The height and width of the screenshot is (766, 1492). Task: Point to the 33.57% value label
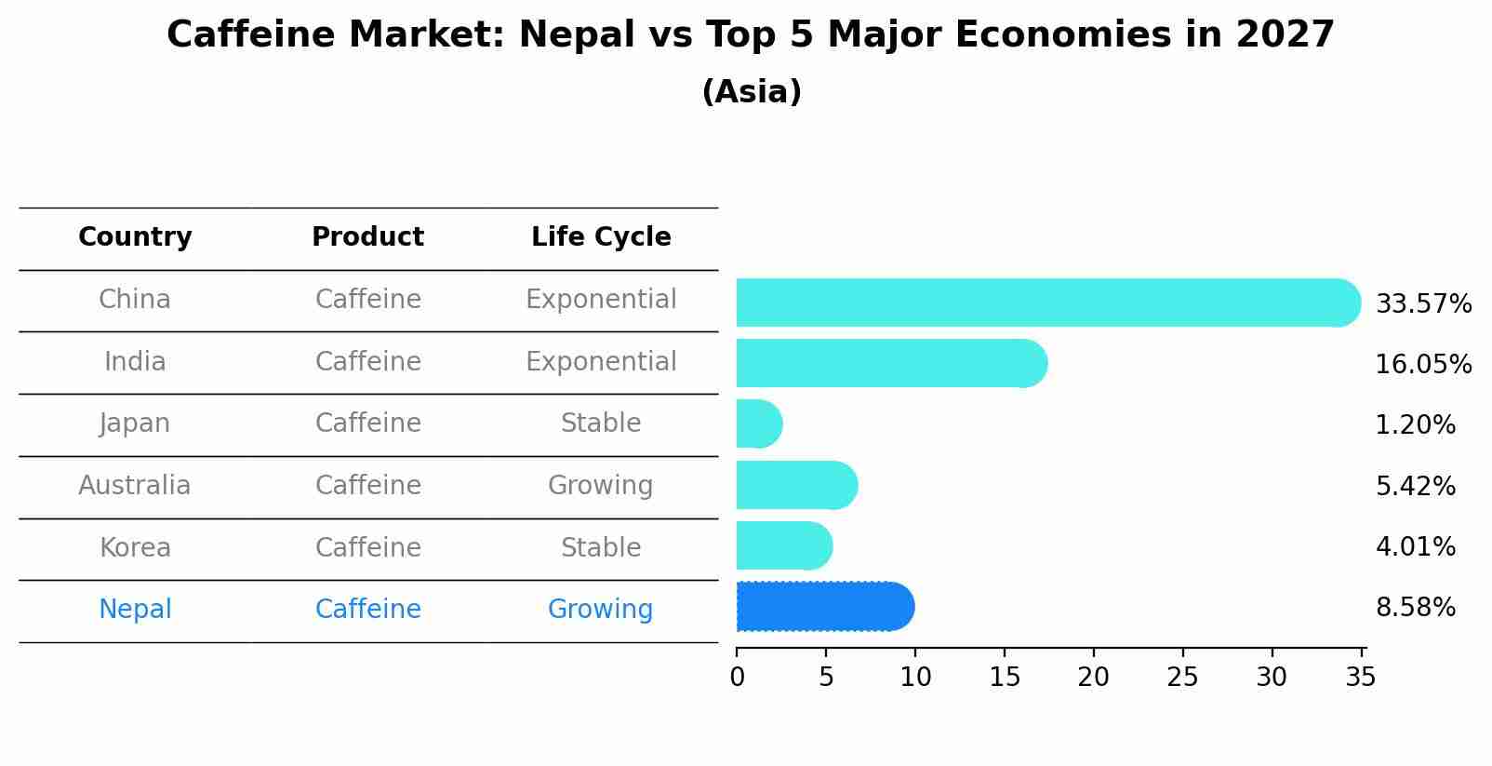click(x=1423, y=304)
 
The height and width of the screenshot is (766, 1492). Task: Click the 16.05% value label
click(x=1423, y=364)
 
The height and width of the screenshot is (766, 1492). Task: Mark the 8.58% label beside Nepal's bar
click(x=1415, y=608)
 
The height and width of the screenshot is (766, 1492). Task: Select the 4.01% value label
click(x=1415, y=546)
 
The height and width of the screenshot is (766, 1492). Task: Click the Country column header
click(x=135, y=237)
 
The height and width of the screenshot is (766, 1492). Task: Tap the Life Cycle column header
click(x=601, y=237)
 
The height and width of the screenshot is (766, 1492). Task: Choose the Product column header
click(x=367, y=237)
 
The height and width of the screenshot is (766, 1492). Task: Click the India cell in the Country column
click(x=135, y=361)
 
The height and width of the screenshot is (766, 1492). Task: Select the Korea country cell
click(x=135, y=547)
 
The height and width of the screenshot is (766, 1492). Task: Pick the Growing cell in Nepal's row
click(x=600, y=610)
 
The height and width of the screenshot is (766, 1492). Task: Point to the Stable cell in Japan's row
click(x=600, y=423)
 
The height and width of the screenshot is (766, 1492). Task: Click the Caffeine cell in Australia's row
click(x=367, y=485)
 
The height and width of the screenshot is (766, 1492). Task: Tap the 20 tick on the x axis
click(x=1093, y=677)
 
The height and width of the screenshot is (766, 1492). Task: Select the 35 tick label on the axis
click(x=1360, y=677)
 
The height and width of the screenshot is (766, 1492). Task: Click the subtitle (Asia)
click(x=752, y=92)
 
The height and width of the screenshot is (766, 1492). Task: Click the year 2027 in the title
click(x=1285, y=35)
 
